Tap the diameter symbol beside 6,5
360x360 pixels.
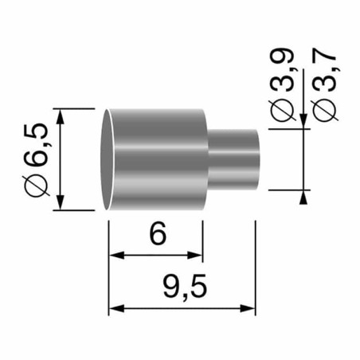point(37,183)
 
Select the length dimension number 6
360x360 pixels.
point(157,235)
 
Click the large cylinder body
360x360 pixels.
point(155,158)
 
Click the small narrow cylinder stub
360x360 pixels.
point(234,159)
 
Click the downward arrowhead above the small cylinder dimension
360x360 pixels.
point(305,120)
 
